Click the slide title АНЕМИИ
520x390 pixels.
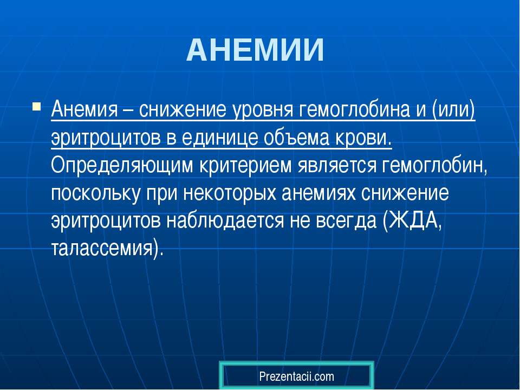pyautogui.click(x=255, y=50)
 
